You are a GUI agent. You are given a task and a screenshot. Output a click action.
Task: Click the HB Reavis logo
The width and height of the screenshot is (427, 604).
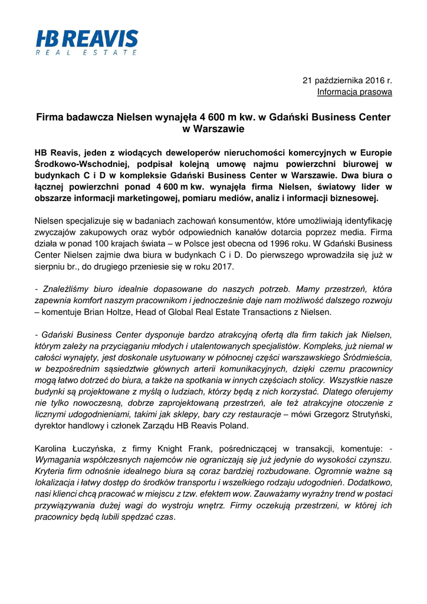pyautogui.click(x=87, y=40)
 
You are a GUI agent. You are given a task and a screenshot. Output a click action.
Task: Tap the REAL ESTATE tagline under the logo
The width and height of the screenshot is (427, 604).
pyautogui.click(x=87, y=53)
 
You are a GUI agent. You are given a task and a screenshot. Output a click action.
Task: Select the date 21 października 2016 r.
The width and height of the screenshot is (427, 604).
pyautogui.click(x=347, y=80)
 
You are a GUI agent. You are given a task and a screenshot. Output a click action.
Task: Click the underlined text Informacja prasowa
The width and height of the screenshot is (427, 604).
pyautogui.click(x=354, y=91)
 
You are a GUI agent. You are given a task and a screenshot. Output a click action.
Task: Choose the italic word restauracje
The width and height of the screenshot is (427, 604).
pyautogui.click(x=254, y=414)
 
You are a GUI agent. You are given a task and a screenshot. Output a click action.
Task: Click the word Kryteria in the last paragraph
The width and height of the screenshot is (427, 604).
pyautogui.click(x=52, y=471)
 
